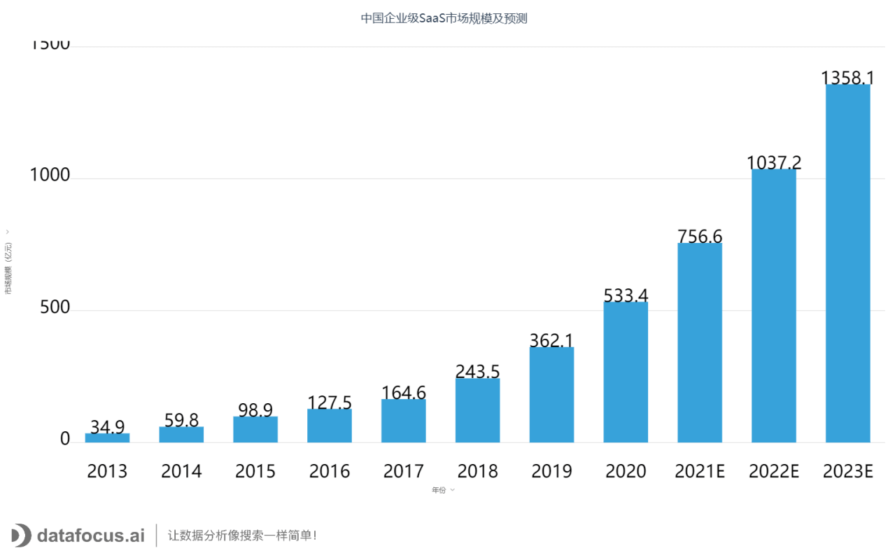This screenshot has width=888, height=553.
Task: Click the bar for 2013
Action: click(x=107, y=437)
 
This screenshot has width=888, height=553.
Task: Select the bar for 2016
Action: click(x=330, y=426)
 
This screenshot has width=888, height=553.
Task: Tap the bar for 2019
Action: click(x=551, y=395)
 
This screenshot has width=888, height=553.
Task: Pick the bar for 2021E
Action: click(x=700, y=343)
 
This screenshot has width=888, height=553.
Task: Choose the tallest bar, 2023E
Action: click(x=848, y=264)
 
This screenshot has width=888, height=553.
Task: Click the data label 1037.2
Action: click(x=774, y=162)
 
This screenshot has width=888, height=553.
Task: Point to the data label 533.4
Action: click(x=626, y=295)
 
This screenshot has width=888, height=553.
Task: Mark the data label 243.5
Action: click(x=478, y=371)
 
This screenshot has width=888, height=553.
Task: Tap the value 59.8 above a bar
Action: click(x=181, y=420)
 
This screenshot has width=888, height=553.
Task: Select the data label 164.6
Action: click(x=404, y=392)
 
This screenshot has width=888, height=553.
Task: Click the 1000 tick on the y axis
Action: click(x=50, y=176)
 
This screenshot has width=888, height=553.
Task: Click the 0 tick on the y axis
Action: click(x=65, y=439)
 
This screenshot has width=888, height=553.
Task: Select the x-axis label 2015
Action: click(x=255, y=471)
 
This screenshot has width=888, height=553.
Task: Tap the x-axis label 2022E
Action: click(x=774, y=471)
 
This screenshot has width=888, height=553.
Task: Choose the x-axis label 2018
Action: click(x=478, y=471)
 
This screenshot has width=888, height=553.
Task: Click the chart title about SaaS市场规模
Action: click(x=444, y=19)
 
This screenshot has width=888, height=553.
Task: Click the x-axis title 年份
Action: click(x=439, y=490)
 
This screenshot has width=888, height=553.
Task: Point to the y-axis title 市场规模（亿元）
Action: click(x=8, y=268)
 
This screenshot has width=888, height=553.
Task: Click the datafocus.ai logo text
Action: click(x=90, y=536)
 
